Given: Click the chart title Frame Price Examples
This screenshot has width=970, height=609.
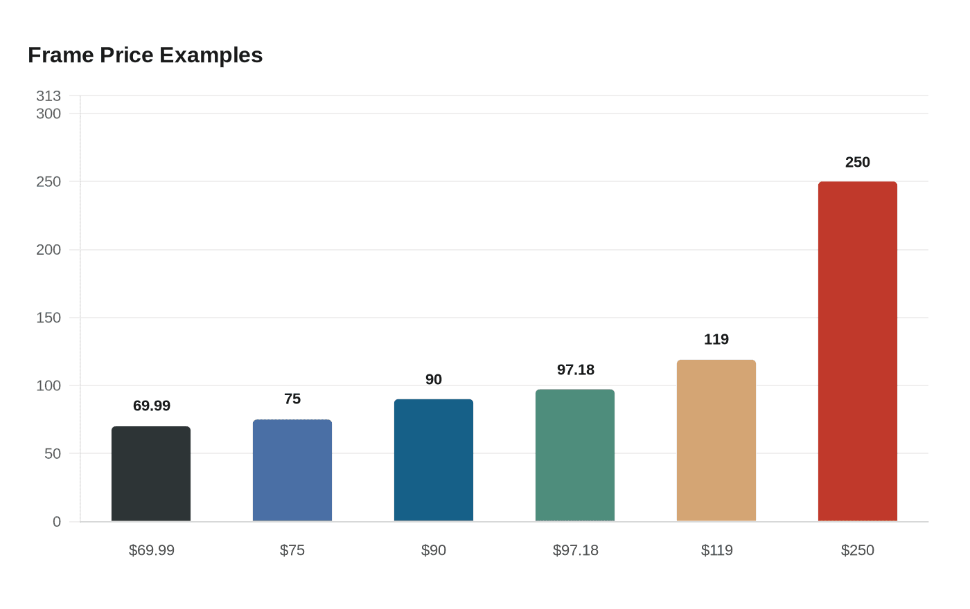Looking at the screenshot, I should coord(145,55).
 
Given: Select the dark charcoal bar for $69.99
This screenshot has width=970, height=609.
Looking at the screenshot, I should coord(151,474).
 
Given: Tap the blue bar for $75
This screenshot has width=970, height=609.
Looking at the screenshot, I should coord(292,471).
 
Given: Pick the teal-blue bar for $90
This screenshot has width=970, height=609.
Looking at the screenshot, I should coord(434,460).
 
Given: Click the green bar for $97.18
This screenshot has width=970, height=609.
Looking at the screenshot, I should coord(575,455).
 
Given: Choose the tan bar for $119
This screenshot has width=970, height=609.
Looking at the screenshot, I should coord(716,441).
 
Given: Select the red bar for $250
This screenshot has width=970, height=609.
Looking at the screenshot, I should coord(858,352).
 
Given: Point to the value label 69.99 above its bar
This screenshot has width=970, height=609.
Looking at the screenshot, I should coord(152,406).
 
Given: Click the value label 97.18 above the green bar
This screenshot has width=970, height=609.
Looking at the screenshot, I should coord(576,370).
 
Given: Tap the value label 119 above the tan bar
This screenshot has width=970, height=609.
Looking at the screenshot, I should coord(716,339).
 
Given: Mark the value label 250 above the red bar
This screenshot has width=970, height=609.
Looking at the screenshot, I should coord(858,162).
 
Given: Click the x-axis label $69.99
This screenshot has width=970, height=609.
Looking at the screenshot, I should coord(152,550).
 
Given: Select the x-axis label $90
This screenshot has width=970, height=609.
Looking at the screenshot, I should coord(434,550).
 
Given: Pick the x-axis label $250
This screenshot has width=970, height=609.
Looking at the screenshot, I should coord(858,550).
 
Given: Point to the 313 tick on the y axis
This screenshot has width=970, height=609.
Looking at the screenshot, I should coord(48,96).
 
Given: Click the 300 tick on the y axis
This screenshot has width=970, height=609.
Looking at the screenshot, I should coord(48,113).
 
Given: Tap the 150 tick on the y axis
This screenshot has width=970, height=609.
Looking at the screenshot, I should coord(48,318).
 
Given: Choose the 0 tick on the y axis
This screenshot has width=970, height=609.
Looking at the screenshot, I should coord(57,522).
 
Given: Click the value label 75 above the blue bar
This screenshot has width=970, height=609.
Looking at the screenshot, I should coord(292,399).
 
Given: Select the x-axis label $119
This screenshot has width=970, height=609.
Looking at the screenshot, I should coord(716,550).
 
